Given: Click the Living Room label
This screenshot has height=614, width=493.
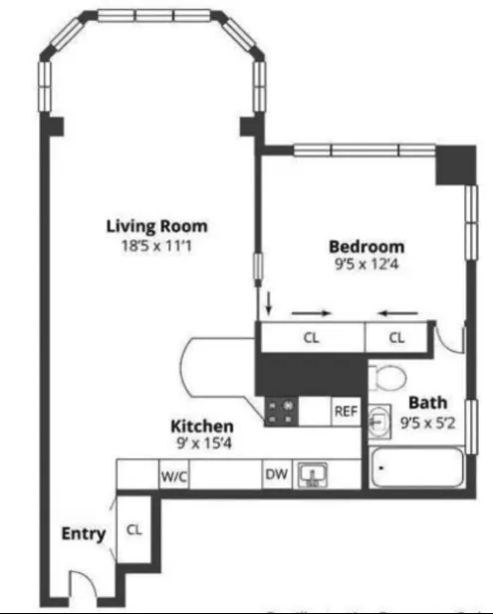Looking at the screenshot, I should [x=149, y=226].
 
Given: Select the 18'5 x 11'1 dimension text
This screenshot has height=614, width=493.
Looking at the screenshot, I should [x=149, y=245].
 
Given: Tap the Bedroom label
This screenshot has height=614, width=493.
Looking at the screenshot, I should [x=367, y=246].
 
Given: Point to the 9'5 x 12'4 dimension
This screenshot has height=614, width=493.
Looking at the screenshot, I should [x=367, y=265].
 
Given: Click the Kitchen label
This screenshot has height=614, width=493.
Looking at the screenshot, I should [x=202, y=426].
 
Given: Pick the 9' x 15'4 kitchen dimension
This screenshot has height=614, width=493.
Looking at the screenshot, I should [x=202, y=444].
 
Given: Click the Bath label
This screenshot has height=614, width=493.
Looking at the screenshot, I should [x=428, y=403].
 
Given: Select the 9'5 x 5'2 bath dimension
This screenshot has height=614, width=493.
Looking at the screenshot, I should [x=428, y=421].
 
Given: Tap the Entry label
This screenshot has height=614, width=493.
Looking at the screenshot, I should [x=83, y=534].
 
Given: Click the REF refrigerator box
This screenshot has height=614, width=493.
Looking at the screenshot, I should [x=345, y=411].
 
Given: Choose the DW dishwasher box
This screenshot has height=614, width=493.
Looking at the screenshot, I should [x=276, y=474].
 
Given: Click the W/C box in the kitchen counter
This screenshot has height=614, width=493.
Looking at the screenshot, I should [x=174, y=475].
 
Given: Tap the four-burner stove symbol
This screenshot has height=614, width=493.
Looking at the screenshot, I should [x=280, y=411].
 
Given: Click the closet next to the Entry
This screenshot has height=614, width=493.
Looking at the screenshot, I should [x=132, y=531].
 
